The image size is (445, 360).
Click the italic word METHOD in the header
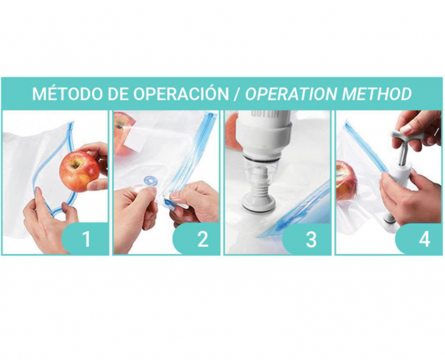pos(377,93)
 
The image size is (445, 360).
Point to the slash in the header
pos(236,93)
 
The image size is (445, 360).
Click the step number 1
pos(86,239)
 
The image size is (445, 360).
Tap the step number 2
pos(202,239)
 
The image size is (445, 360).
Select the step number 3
pos(311,239)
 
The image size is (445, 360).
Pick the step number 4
pos(424,239)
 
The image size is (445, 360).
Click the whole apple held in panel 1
pos(79,170)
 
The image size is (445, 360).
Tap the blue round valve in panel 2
pos(150,181)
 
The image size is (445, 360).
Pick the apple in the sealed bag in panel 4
pos(347,179)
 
